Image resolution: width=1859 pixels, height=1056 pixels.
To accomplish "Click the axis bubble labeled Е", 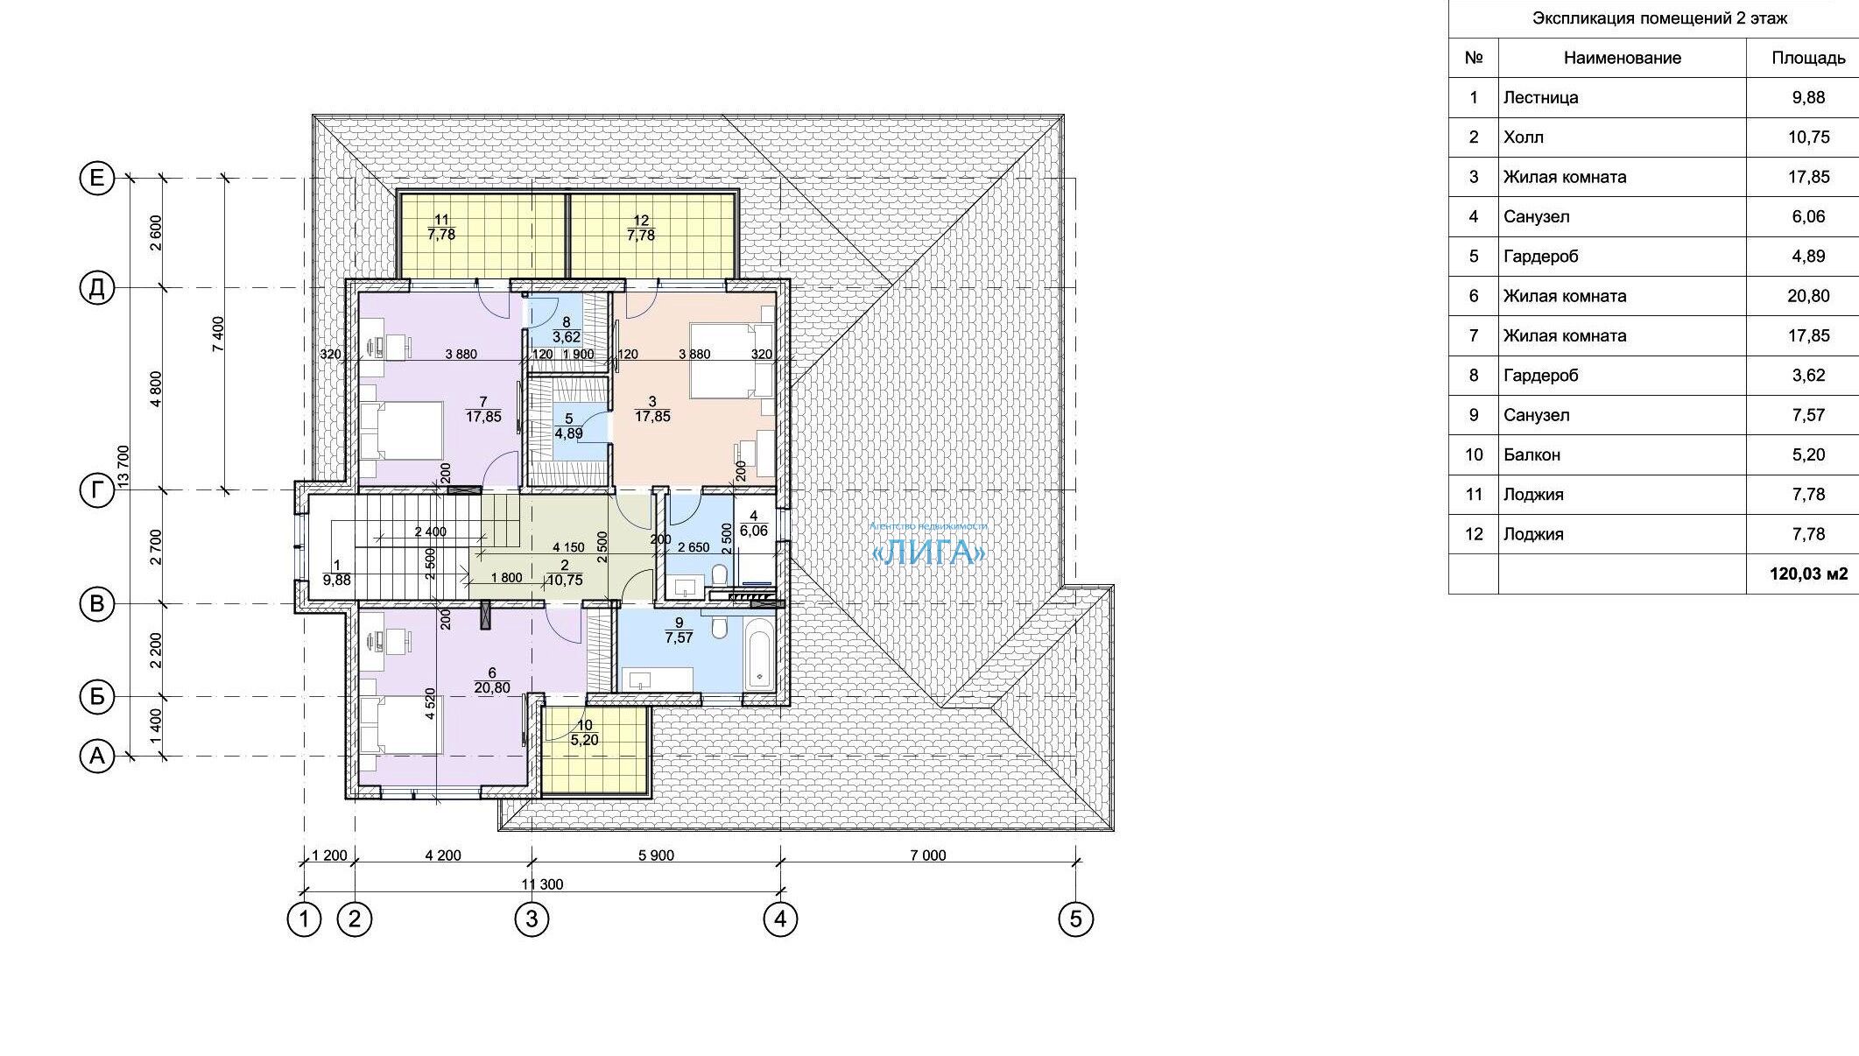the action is pyautogui.click(x=97, y=179).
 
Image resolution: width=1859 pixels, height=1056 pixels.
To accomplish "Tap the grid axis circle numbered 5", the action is pyautogui.click(x=1076, y=919).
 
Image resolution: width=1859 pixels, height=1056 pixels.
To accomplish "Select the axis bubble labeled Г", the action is pyautogui.click(x=97, y=490).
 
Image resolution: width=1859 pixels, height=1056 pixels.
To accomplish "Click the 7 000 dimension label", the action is pyautogui.click(x=928, y=855).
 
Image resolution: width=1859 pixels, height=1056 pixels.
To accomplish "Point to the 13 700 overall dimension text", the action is pyautogui.click(x=123, y=468).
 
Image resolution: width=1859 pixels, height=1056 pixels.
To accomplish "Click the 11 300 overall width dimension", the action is pyautogui.click(x=543, y=884).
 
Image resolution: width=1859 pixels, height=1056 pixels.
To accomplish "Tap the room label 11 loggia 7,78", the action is pyautogui.click(x=441, y=228).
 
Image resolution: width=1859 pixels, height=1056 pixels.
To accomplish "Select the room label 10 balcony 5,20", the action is pyautogui.click(x=584, y=732).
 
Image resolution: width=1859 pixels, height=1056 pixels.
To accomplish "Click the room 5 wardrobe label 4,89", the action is pyautogui.click(x=569, y=426).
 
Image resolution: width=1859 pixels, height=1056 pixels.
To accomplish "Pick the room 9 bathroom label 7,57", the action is pyautogui.click(x=679, y=630).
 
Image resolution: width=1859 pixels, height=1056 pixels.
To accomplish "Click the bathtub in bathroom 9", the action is pyautogui.click(x=757, y=654).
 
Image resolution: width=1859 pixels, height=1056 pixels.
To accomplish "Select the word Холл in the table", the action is pyautogui.click(x=1524, y=137).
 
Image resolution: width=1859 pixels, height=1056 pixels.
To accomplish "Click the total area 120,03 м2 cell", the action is pyautogui.click(x=1808, y=574).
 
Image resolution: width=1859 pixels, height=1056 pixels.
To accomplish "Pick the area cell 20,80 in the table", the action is pyautogui.click(x=1808, y=296).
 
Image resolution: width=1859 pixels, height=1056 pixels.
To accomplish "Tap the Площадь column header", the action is pyautogui.click(x=1808, y=58).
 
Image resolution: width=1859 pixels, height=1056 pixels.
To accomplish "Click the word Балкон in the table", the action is pyautogui.click(x=1532, y=455).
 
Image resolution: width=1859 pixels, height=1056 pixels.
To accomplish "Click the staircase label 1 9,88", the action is pyautogui.click(x=336, y=573).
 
